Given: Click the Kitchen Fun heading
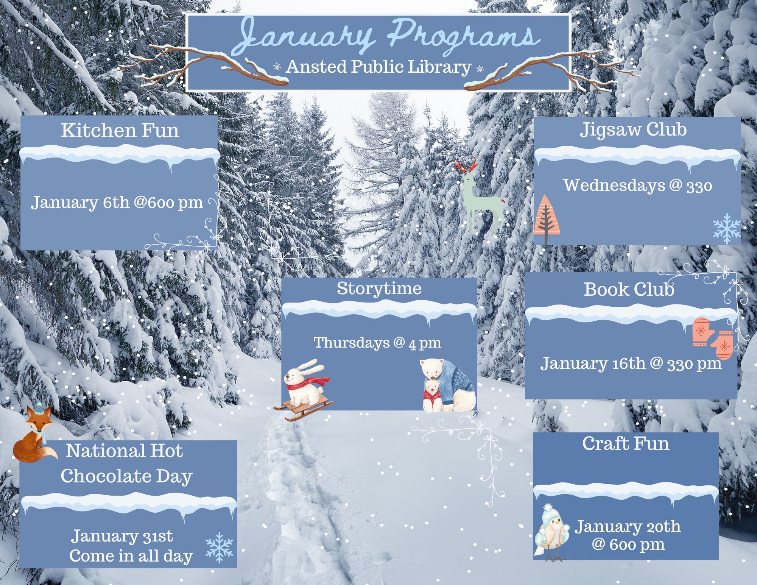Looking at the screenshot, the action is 120,130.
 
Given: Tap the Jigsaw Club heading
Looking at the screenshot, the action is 633,130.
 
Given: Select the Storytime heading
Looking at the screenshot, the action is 379,289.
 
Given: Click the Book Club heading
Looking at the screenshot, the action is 629,289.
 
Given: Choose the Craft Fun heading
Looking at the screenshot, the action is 626,443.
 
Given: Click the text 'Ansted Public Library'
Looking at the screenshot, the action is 378,67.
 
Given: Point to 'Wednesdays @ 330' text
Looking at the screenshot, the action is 638,186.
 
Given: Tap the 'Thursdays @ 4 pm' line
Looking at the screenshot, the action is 377,343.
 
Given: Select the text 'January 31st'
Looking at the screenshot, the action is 122,536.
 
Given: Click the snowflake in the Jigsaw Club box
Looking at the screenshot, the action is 727,228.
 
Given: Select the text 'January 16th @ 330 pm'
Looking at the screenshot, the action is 631,363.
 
